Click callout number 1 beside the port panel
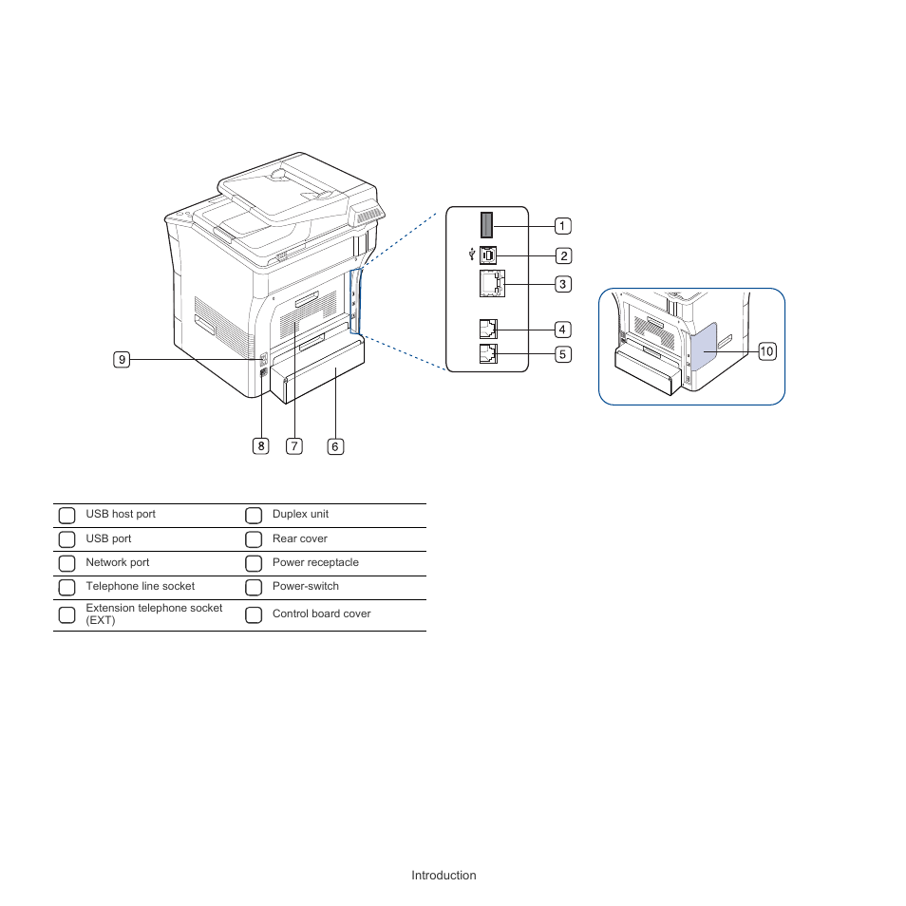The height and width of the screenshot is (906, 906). (563, 226)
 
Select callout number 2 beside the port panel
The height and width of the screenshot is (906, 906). (563, 255)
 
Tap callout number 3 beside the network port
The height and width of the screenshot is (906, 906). (563, 284)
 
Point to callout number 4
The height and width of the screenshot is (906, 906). (563, 330)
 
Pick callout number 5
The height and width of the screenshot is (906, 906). (563, 354)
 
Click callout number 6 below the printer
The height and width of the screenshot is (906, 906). (335, 445)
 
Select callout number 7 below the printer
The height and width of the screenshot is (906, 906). (295, 445)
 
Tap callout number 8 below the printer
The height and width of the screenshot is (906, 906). (260, 445)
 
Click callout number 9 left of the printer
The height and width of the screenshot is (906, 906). (122, 359)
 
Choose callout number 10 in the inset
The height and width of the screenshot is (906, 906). (767, 352)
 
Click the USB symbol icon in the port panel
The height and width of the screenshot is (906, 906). (472, 254)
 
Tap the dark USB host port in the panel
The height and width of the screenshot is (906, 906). (487, 225)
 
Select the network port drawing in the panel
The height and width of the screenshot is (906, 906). (488, 283)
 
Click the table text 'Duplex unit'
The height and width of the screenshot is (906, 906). (300, 515)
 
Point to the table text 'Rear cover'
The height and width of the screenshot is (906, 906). (299, 538)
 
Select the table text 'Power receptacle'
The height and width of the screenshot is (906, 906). (315, 562)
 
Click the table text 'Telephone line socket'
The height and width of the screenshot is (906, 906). (140, 587)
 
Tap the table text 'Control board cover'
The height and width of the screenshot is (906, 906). (321, 614)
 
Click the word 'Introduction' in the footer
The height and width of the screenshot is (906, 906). (444, 876)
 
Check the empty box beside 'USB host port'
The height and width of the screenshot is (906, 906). (66, 516)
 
